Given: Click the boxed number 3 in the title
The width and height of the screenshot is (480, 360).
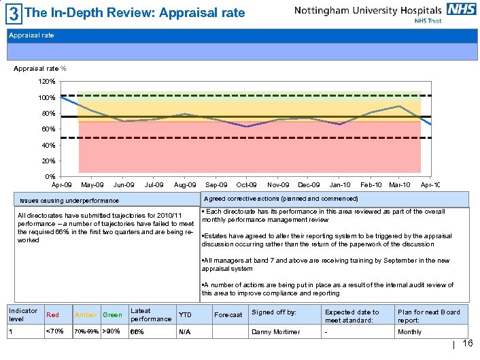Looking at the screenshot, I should (x=13, y=12).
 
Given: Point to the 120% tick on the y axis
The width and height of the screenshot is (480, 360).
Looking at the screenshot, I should (x=47, y=82).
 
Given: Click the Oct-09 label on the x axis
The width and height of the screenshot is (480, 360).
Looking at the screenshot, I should (x=246, y=185).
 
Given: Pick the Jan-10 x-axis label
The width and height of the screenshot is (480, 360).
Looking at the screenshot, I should (x=339, y=185).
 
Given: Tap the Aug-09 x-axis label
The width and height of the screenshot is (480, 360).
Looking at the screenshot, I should (x=185, y=185).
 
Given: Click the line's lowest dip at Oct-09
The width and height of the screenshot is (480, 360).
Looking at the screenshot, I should (x=247, y=127).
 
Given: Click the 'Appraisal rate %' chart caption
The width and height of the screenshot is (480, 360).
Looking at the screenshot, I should (x=40, y=69).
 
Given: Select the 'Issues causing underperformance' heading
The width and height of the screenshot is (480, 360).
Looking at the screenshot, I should (x=69, y=201).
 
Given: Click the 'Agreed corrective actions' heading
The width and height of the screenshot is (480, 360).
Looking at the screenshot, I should (x=281, y=199).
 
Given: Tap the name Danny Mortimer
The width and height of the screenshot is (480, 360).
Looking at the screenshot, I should (x=275, y=332).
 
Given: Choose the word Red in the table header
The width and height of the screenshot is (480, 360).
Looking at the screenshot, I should (x=52, y=315).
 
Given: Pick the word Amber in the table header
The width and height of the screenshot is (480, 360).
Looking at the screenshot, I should (x=86, y=315).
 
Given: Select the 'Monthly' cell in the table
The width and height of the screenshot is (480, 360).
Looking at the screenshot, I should (x=409, y=332).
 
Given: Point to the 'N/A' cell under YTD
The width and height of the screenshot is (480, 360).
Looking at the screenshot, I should (x=184, y=332).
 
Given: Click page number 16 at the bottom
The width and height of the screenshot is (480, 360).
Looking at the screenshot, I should (x=467, y=344).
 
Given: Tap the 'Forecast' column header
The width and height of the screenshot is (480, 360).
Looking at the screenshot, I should (x=228, y=315).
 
